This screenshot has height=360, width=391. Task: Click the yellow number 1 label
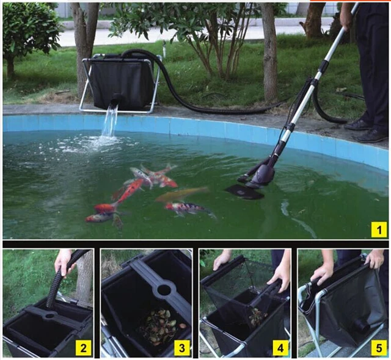(x=379, y=229)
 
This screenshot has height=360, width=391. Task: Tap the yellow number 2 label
(x=82, y=349)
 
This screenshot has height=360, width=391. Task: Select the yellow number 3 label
(x=181, y=349)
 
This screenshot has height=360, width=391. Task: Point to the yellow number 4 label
(x=280, y=349)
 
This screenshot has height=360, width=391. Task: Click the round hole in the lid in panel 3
(x=164, y=289)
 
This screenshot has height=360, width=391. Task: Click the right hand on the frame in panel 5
(x=374, y=259)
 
